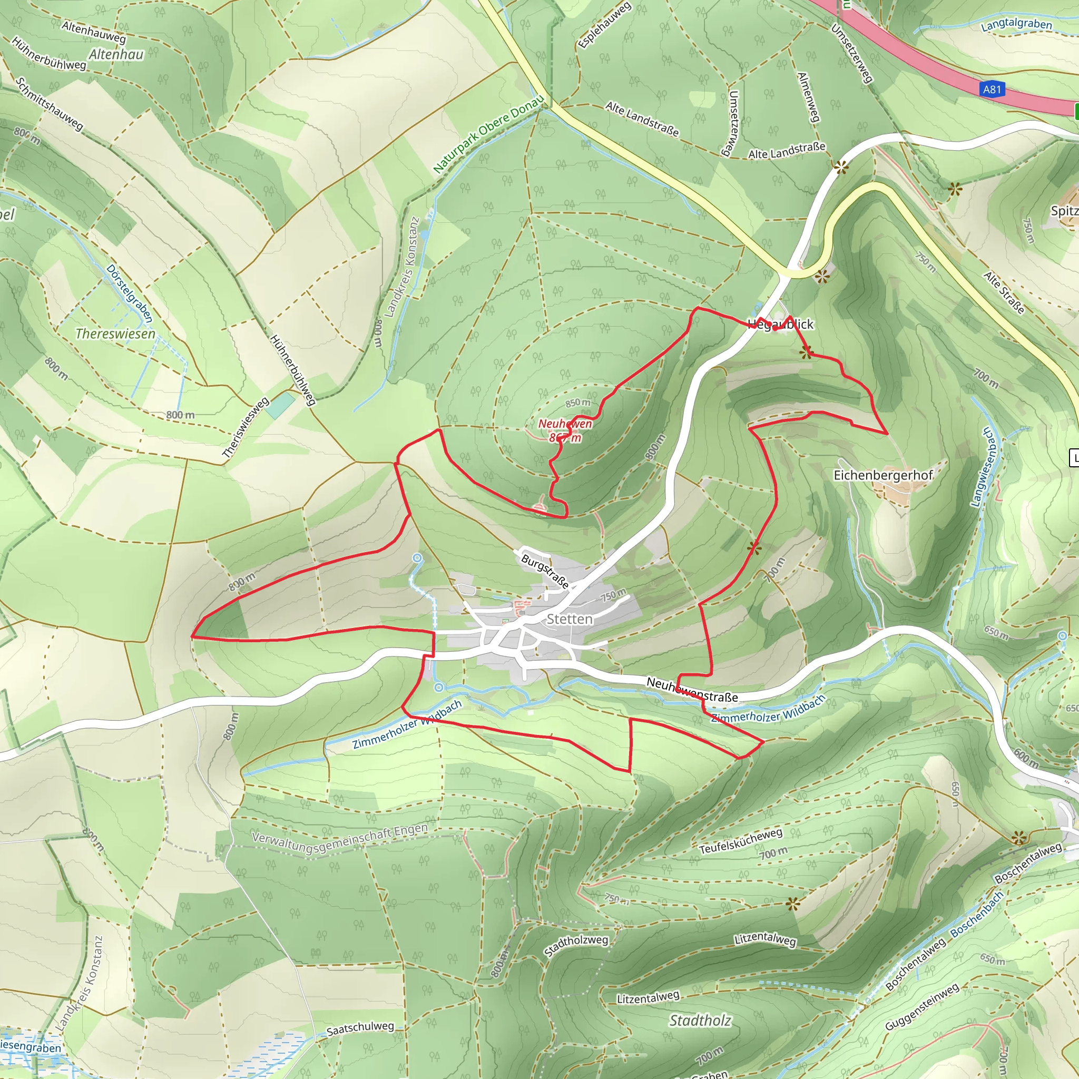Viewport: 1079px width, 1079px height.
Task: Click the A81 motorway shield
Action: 992,90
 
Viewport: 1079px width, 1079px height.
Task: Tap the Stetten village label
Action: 569,619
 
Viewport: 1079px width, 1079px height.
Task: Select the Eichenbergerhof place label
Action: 883,475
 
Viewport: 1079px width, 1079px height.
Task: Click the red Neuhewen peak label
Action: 565,424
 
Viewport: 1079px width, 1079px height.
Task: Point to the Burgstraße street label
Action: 545,571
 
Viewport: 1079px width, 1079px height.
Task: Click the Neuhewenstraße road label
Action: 692,690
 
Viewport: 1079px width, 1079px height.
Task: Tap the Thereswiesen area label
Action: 115,334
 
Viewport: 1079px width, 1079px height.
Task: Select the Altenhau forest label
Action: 116,55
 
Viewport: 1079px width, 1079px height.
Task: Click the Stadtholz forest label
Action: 700,1021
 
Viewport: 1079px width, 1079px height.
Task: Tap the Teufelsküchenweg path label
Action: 741,840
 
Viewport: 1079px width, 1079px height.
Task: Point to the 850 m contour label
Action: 577,403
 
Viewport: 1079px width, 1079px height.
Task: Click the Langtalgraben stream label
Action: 1016,24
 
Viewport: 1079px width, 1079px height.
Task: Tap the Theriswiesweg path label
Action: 246,428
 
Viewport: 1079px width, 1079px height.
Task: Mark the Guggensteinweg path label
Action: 922,1007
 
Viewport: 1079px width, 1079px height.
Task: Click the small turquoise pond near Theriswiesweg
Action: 279,406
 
